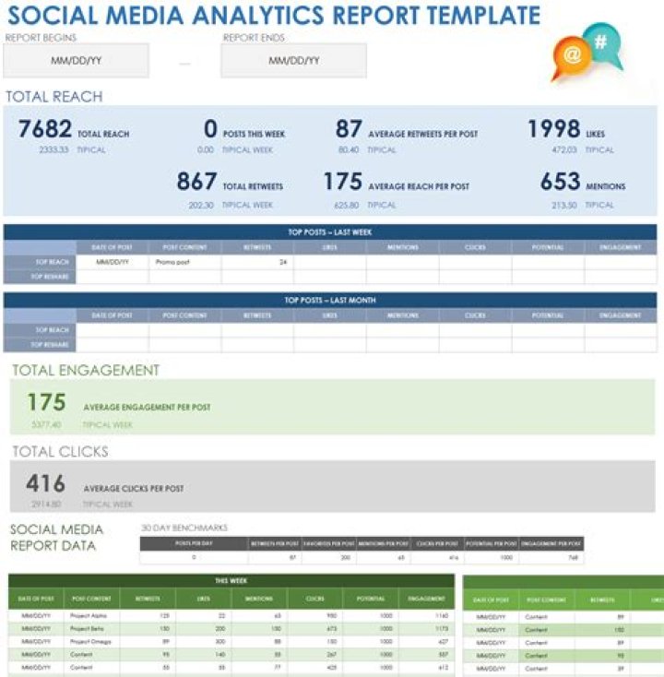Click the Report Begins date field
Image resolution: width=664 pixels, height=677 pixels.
76,61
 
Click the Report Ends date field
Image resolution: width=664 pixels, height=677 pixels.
293,61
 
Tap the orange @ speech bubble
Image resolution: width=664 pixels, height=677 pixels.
572,56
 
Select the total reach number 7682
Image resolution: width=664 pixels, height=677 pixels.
44,130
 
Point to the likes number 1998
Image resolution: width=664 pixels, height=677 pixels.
553,130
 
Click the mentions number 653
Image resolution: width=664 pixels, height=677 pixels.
560,182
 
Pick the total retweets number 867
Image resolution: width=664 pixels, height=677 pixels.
196,182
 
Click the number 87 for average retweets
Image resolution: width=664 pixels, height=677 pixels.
348,130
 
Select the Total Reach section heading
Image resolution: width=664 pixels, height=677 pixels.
53,97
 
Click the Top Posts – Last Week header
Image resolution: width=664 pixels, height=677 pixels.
330,232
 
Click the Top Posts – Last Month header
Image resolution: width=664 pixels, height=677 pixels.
330,300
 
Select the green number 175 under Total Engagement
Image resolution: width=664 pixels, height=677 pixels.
46,403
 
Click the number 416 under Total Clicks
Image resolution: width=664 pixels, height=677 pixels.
46,484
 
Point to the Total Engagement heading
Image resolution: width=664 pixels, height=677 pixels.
85,371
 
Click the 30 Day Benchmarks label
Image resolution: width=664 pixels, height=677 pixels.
184,528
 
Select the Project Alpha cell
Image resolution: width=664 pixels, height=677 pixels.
90,614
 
